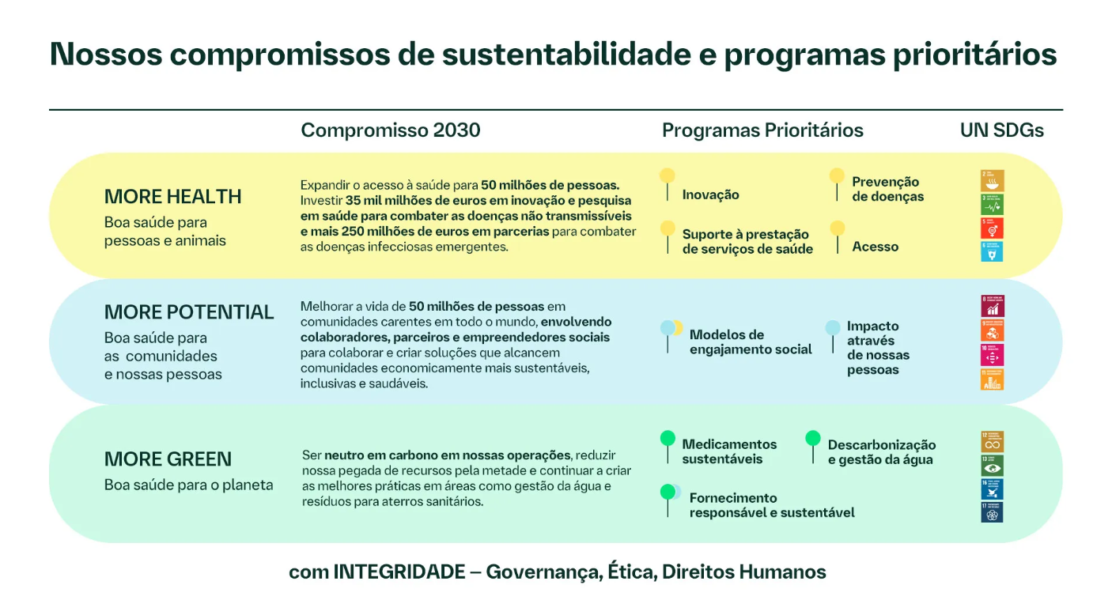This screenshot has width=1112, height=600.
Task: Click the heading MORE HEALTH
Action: [x=172, y=197]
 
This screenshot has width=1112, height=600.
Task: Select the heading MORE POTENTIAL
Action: [x=189, y=312]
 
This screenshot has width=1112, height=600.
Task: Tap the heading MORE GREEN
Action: [x=168, y=459]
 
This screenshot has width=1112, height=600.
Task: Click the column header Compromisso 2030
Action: [x=390, y=130]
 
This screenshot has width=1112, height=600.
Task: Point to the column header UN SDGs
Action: [x=1001, y=130]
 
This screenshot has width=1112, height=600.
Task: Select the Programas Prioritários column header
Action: [x=762, y=130]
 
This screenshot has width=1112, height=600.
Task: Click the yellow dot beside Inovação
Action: [x=668, y=175]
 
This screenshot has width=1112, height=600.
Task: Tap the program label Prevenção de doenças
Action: [x=887, y=189]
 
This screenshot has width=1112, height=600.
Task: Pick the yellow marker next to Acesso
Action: [x=838, y=228]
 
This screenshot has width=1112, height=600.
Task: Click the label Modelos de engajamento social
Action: [x=751, y=342]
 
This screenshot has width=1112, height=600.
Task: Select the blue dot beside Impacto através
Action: [x=832, y=327]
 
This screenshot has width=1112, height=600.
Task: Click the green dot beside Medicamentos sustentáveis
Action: [x=668, y=437]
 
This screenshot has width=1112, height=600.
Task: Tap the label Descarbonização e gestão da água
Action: [x=881, y=452]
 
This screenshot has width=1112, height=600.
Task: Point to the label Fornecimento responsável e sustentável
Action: [x=772, y=505]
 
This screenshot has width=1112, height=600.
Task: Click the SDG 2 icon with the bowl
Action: [x=992, y=180]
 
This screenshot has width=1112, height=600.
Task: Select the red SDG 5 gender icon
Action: [x=992, y=228]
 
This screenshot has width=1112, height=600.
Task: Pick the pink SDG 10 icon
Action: [x=992, y=354]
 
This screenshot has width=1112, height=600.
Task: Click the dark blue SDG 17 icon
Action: [x=992, y=512]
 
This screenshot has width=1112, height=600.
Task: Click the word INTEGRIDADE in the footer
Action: [x=399, y=572]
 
